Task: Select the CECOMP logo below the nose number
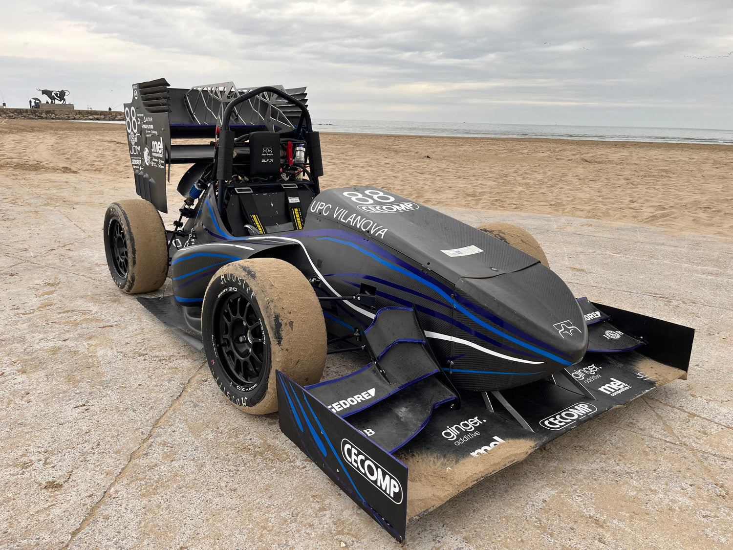tap(388, 207)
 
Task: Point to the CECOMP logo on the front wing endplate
tap(371, 470)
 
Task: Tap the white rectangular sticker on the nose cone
tap(461, 251)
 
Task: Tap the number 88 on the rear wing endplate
tap(131, 120)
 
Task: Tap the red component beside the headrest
tap(290, 152)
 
